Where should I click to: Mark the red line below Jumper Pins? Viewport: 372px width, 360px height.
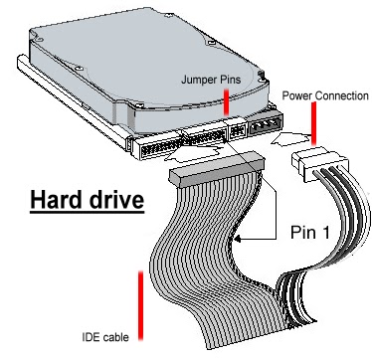click(x=228, y=100)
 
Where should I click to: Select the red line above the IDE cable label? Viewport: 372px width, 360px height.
click(x=140, y=299)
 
